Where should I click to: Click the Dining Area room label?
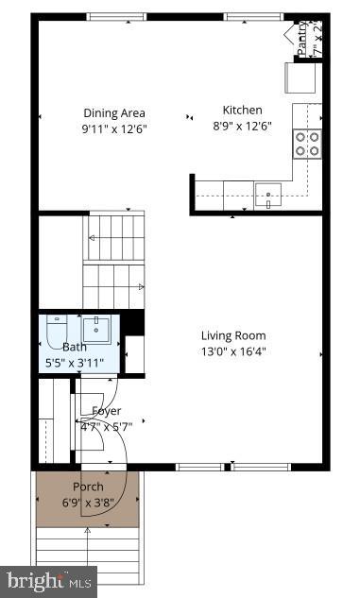click(x=114, y=112)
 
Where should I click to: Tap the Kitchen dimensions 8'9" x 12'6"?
click(x=243, y=126)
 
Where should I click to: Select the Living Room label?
click(x=232, y=335)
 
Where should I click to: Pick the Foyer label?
click(x=106, y=411)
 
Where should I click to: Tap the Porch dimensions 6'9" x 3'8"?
click(x=88, y=502)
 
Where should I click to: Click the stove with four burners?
click(x=307, y=143)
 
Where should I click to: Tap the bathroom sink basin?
click(x=97, y=330)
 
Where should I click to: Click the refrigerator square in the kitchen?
click(x=301, y=75)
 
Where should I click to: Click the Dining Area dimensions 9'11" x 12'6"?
click(x=114, y=128)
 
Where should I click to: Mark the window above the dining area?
click(x=115, y=17)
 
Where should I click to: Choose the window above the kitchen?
click(x=253, y=17)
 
